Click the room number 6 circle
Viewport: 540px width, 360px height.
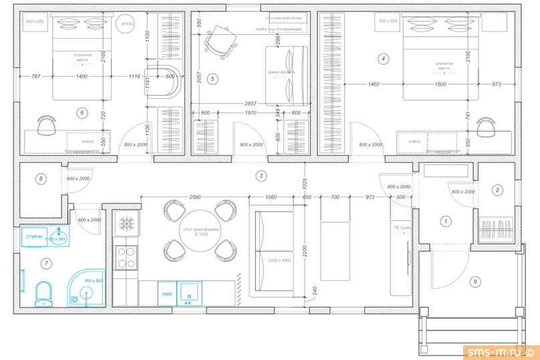coord(82,113)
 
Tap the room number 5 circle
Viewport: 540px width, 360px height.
coord(213,79)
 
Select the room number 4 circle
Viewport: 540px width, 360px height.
coord(383,59)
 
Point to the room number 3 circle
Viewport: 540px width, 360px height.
coord(261,176)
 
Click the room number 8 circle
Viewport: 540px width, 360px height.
coord(41,178)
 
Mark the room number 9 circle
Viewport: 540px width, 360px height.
coord(475,282)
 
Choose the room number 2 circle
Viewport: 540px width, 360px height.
coord(497,190)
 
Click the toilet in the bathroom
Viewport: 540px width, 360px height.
coord(43,293)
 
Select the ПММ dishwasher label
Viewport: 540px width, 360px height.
coord(166,293)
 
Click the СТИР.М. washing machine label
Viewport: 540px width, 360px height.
coord(34,237)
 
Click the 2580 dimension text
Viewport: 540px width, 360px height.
coord(194,198)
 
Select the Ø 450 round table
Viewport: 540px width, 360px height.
coord(127,25)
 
